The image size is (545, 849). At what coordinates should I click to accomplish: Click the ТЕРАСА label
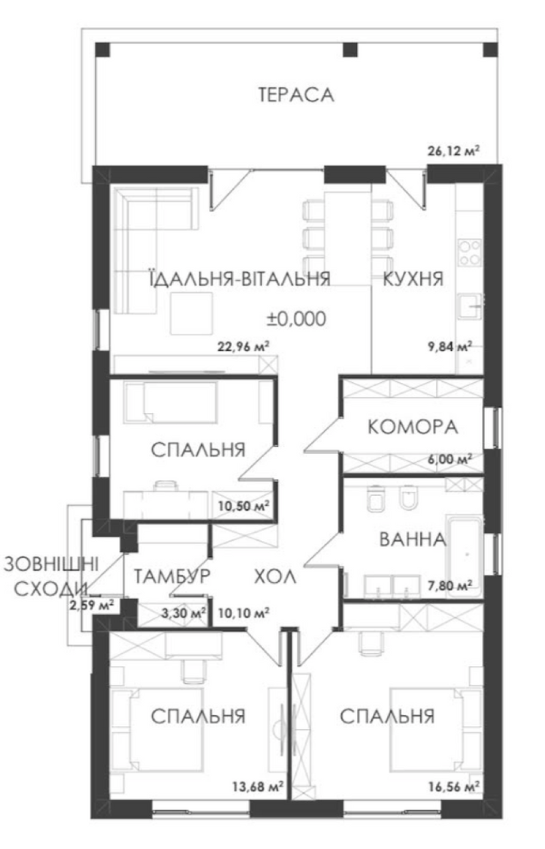(296, 95)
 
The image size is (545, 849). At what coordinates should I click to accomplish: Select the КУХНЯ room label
(413, 279)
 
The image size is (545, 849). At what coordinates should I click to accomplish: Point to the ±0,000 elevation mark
(296, 318)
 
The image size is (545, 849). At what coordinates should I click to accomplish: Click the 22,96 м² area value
(243, 346)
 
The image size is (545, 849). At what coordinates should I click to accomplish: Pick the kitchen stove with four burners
(470, 252)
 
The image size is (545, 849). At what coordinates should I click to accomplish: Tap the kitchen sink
(471, 306)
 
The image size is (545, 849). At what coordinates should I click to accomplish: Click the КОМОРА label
(413, 427)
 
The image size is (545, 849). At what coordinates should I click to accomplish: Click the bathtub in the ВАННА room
(464, 556)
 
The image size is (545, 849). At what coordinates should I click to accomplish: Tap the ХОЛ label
(275, 577)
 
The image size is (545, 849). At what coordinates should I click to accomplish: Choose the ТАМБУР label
(172, 576)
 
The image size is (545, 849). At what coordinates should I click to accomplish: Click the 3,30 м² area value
(184, 613)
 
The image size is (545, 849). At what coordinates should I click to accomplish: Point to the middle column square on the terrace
(350, 49)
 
